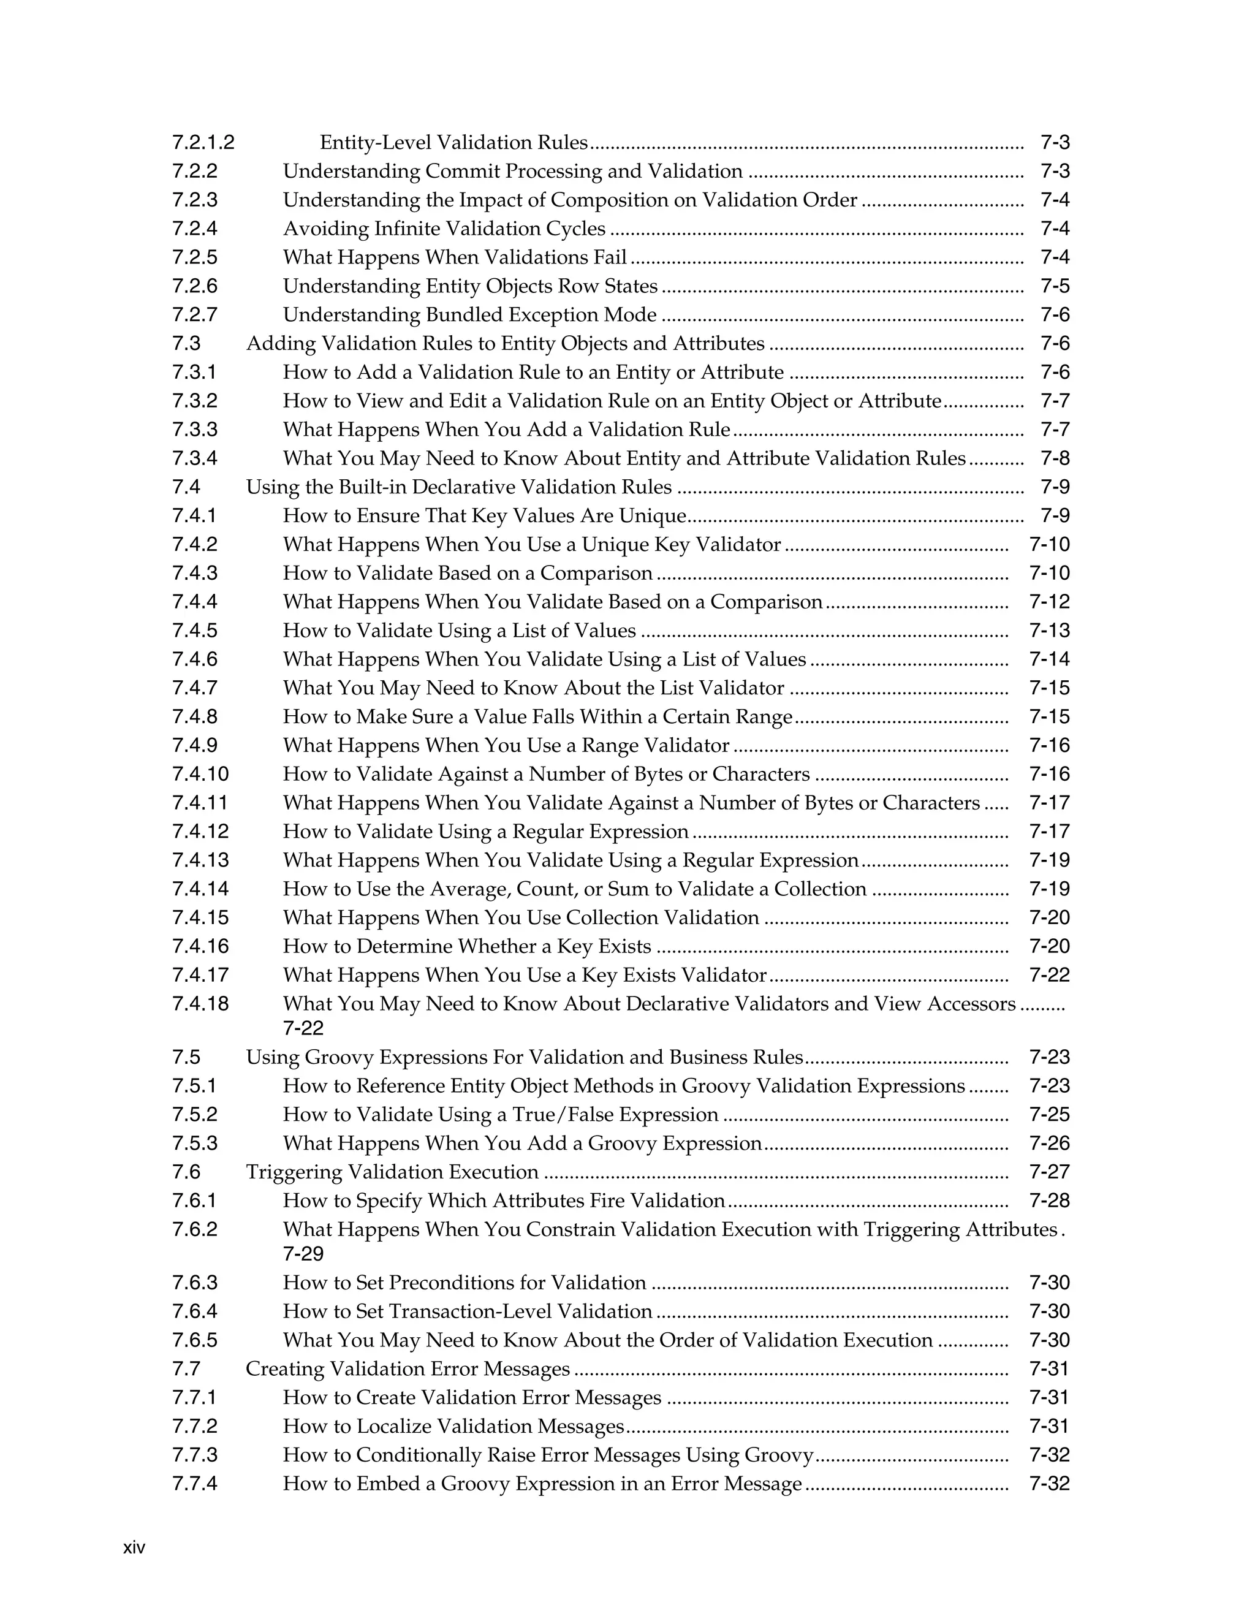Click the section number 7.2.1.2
pyautogui.click(x=203, y=142)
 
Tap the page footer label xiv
pyautogui.click(x=134, y=1548)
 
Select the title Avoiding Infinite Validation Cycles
pyautogui.click(x=444, y=229)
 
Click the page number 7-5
pyautogui.click(x=1054, y=286)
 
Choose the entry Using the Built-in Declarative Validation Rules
pyautogui.click(x=459, y=487)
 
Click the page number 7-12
pyautogui.click(x=1049, y=602)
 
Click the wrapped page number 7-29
pyautogui.click(x=303, y=1254)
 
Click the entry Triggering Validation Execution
pyautogui.click(x=392, y=1172)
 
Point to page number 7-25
pyautogui.click(x=1049, y=1115)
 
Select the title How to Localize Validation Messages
pyautogui.click(x=453, y=1427)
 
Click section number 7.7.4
pyautogui.click(x=195, y=1484)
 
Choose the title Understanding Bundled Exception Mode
pyautogui.click(x=469, y=314)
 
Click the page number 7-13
pyautogui.click(x=1049, y=631)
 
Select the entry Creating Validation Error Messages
pyautogui.click(x=408, y=1369)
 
